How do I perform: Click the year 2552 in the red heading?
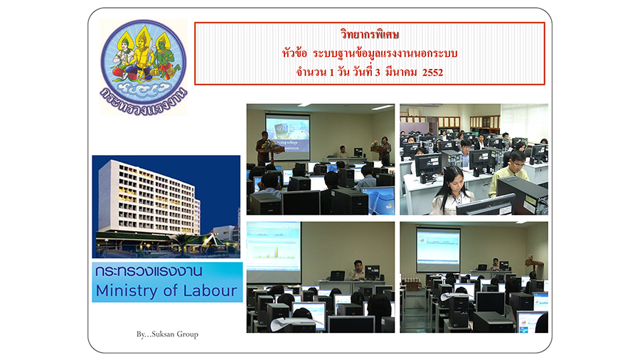pos(432,73)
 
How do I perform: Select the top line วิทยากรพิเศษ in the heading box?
pos(370,34)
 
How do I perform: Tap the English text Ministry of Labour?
pos(166,290)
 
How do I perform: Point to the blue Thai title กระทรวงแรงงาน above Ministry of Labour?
pos(149,271)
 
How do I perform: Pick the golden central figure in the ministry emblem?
pos(142,53)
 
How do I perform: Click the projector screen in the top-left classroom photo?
pos(288,132)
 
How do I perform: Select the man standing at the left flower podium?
pos(262,147)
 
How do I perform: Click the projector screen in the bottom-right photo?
pos(438,248)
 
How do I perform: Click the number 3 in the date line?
pos(378,73)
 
